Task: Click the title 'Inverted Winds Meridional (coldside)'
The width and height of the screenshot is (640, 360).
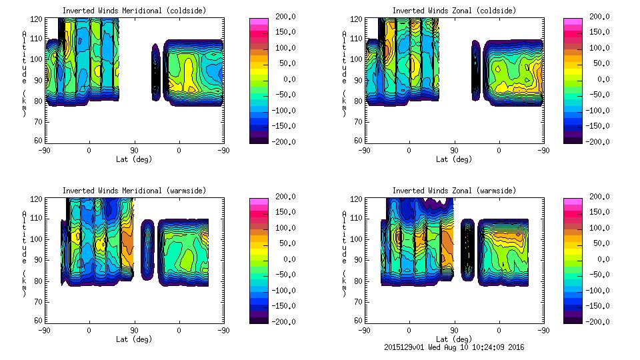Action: tap(134, 11)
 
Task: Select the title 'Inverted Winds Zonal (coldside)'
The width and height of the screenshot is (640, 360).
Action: tap(454, 11)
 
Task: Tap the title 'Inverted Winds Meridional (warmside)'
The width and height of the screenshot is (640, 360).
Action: tap(134, 191)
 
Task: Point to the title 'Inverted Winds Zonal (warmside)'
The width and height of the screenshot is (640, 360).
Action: tap(454, 191)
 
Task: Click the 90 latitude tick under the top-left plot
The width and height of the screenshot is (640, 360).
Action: tap(134, 151)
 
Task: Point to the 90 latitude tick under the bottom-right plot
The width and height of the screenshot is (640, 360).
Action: tap(454, 331)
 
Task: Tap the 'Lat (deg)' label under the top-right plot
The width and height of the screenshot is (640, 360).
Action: tap(454, 159)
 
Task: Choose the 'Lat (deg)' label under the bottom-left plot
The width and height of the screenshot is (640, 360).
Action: tap(134, 339)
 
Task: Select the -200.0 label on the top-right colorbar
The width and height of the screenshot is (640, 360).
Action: tap(597, 142)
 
